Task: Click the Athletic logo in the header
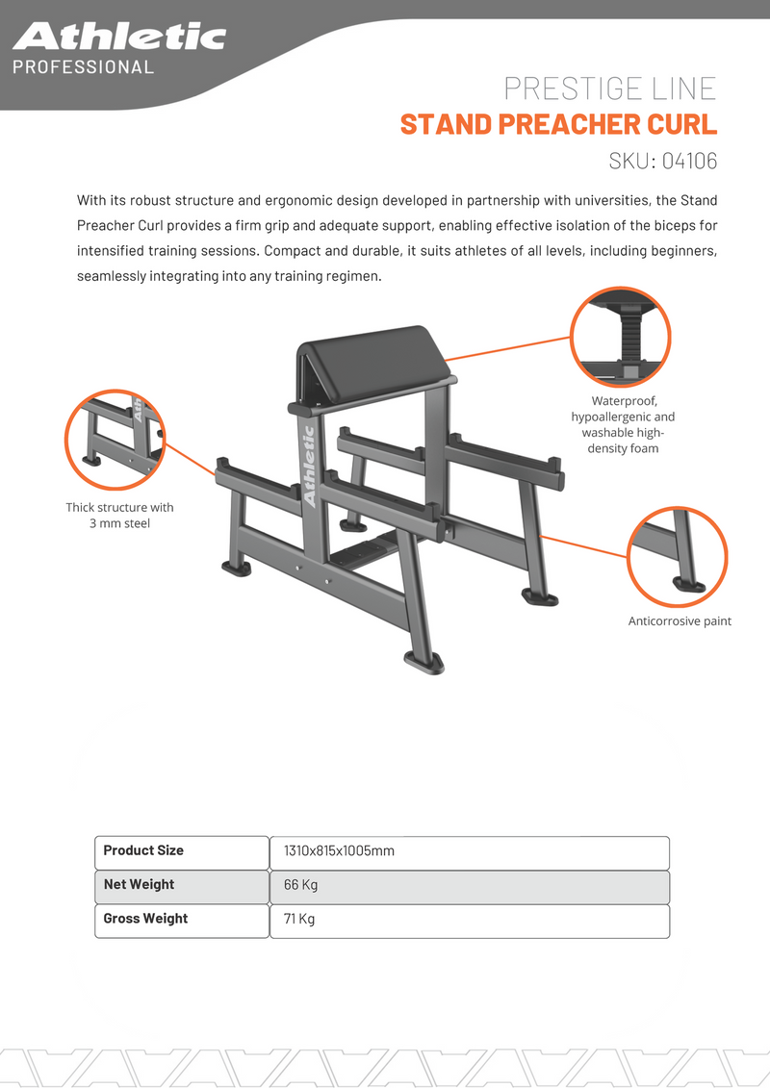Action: tap(119, 37)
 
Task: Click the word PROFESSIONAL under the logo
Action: tap(83, 67)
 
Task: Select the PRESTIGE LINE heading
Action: tap(610, 89)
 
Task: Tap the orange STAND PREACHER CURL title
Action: tap(558, 124)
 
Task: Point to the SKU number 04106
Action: tap(690, 160)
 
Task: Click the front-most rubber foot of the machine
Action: tap(423, 662)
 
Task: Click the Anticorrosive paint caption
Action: tap(680, 621)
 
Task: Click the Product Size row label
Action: tap(143, 850)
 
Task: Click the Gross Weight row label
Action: tap(145, 919)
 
